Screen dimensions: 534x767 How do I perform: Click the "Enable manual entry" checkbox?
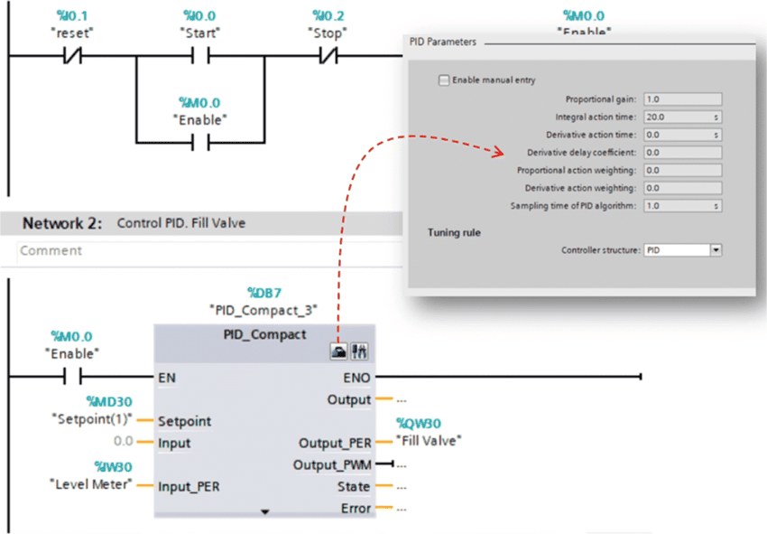(443, 80)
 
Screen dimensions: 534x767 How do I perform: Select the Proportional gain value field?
(682, 99)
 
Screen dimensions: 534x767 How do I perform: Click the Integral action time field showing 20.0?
(677, 117)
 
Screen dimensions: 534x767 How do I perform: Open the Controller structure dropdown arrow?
(716, 250)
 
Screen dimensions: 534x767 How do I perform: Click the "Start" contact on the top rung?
(200, 56)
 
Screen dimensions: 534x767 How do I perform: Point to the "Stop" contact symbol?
(330, 56)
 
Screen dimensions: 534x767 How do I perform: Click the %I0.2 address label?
(329, 16)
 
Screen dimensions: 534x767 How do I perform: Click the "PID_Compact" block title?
(264, 334)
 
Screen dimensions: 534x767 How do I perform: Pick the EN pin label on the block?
(167, 377)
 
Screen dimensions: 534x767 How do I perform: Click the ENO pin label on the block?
(357, 377)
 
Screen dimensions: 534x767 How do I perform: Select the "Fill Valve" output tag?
(429, 441)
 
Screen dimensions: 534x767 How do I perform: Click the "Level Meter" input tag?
(89, 484)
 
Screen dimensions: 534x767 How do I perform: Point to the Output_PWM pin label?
(332, 464)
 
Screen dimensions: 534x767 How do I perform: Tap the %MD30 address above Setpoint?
(108, 401)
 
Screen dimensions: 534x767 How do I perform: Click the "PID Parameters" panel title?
(442, 42)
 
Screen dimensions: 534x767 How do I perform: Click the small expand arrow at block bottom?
(264, 511)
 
